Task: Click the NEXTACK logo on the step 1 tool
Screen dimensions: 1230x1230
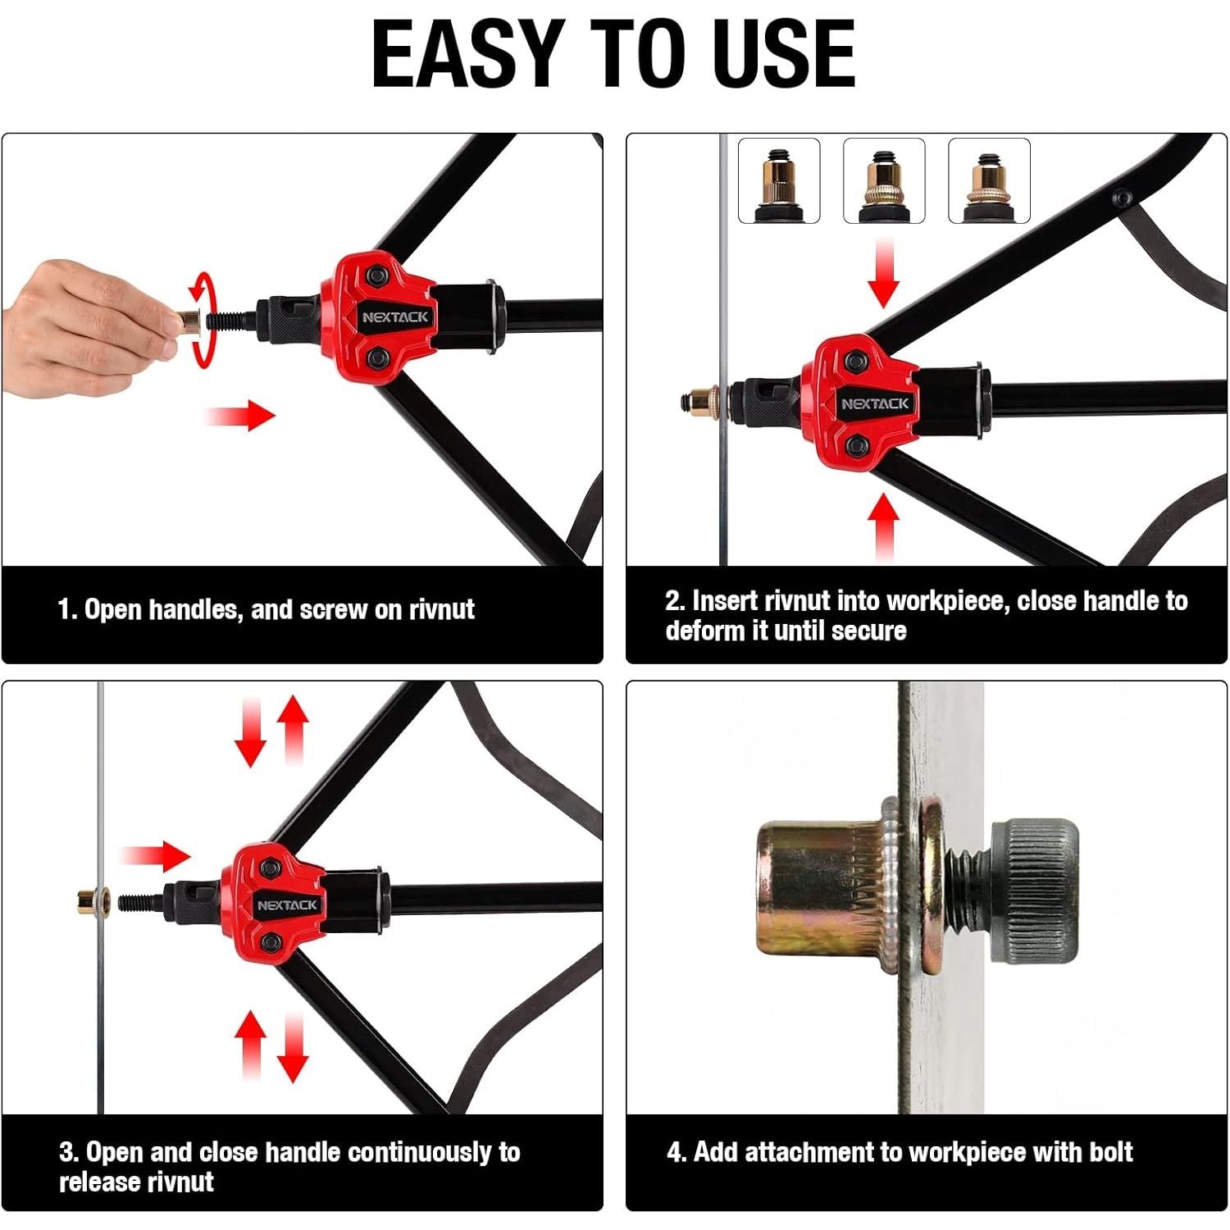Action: tap(395, 317)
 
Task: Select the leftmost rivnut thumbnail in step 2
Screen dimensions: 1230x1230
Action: tap(779, 180)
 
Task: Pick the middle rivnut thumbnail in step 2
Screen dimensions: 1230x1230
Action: tap(884, 180)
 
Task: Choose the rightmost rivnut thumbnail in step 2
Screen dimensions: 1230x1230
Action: tap(989, 180)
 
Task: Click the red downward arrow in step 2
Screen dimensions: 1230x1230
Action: tap(883, 273)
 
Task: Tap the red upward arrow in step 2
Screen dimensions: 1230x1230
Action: tap(883, 526)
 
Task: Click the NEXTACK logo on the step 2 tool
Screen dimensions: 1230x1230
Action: tap(875, 403)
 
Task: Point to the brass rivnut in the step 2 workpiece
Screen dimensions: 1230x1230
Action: tap(699, 403)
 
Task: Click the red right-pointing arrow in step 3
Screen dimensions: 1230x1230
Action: tap(156, 856)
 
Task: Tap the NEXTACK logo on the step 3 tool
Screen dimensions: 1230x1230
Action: tap(287, 905)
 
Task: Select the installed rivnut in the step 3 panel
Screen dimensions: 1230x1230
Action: tap(88, 902)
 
